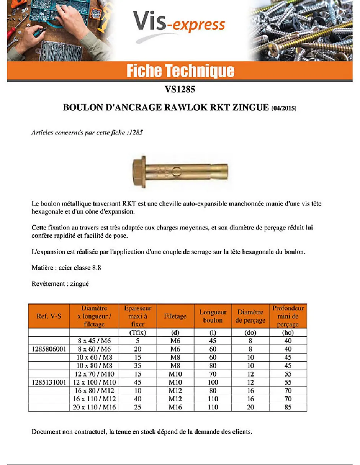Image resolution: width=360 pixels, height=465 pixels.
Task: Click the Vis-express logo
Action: point(179,24)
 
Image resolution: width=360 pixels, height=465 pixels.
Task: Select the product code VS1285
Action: point(180,90)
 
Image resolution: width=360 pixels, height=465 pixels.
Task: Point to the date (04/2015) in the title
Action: point(284,108)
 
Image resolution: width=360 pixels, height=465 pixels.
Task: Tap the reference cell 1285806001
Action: point(49,349)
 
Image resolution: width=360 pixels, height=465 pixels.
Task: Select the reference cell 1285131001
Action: point(49,382)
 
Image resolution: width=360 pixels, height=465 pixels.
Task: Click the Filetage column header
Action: point(175,316)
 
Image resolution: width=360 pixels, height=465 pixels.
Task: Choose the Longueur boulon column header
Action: point(213,316)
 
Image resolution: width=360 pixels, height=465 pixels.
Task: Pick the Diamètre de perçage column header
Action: point(250,316)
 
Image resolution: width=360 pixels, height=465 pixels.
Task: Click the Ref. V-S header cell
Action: point(49,316)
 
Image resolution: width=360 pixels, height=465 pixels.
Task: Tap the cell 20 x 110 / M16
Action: point(94,407)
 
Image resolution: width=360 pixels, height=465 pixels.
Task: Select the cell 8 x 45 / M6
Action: point(94,341)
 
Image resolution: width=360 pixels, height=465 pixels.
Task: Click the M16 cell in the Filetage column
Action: point(175,407)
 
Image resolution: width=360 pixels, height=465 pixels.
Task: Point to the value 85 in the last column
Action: point(288,407)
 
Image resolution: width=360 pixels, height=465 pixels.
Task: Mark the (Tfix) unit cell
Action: point(138,332)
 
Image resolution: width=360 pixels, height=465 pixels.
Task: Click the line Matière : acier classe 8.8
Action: point(66,268)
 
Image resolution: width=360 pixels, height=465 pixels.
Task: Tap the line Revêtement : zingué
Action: point(60,284)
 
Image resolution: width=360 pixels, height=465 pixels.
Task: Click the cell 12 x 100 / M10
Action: point(94,382)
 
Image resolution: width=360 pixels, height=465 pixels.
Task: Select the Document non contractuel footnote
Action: point(142,432)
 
